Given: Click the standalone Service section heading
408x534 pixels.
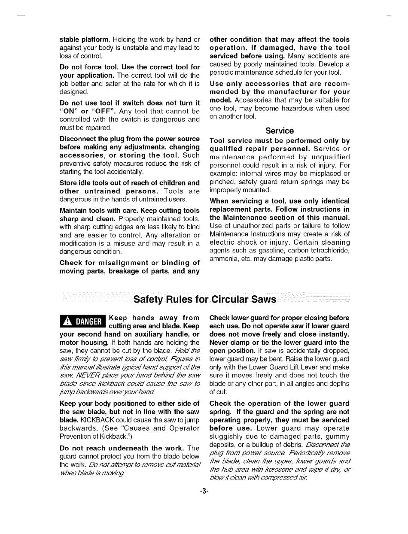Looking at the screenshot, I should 280,131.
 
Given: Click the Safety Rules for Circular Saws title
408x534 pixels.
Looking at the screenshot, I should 205,299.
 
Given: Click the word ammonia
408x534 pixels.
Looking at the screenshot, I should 222,259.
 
